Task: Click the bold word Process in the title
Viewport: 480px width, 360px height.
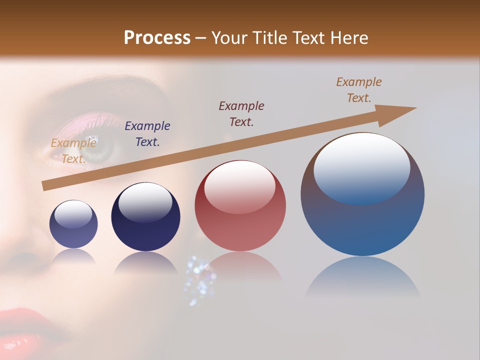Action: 157,38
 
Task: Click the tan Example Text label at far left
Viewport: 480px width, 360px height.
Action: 73,151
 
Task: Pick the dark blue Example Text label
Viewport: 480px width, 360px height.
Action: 147,134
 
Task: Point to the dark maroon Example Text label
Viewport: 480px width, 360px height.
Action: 241,114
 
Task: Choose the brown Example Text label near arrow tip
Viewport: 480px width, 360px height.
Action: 358,90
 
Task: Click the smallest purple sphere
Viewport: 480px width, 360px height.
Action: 73,224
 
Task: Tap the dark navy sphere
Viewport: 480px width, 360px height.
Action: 145,216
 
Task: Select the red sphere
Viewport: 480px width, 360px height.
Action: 240,205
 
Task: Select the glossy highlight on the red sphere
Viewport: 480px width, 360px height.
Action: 239,186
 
